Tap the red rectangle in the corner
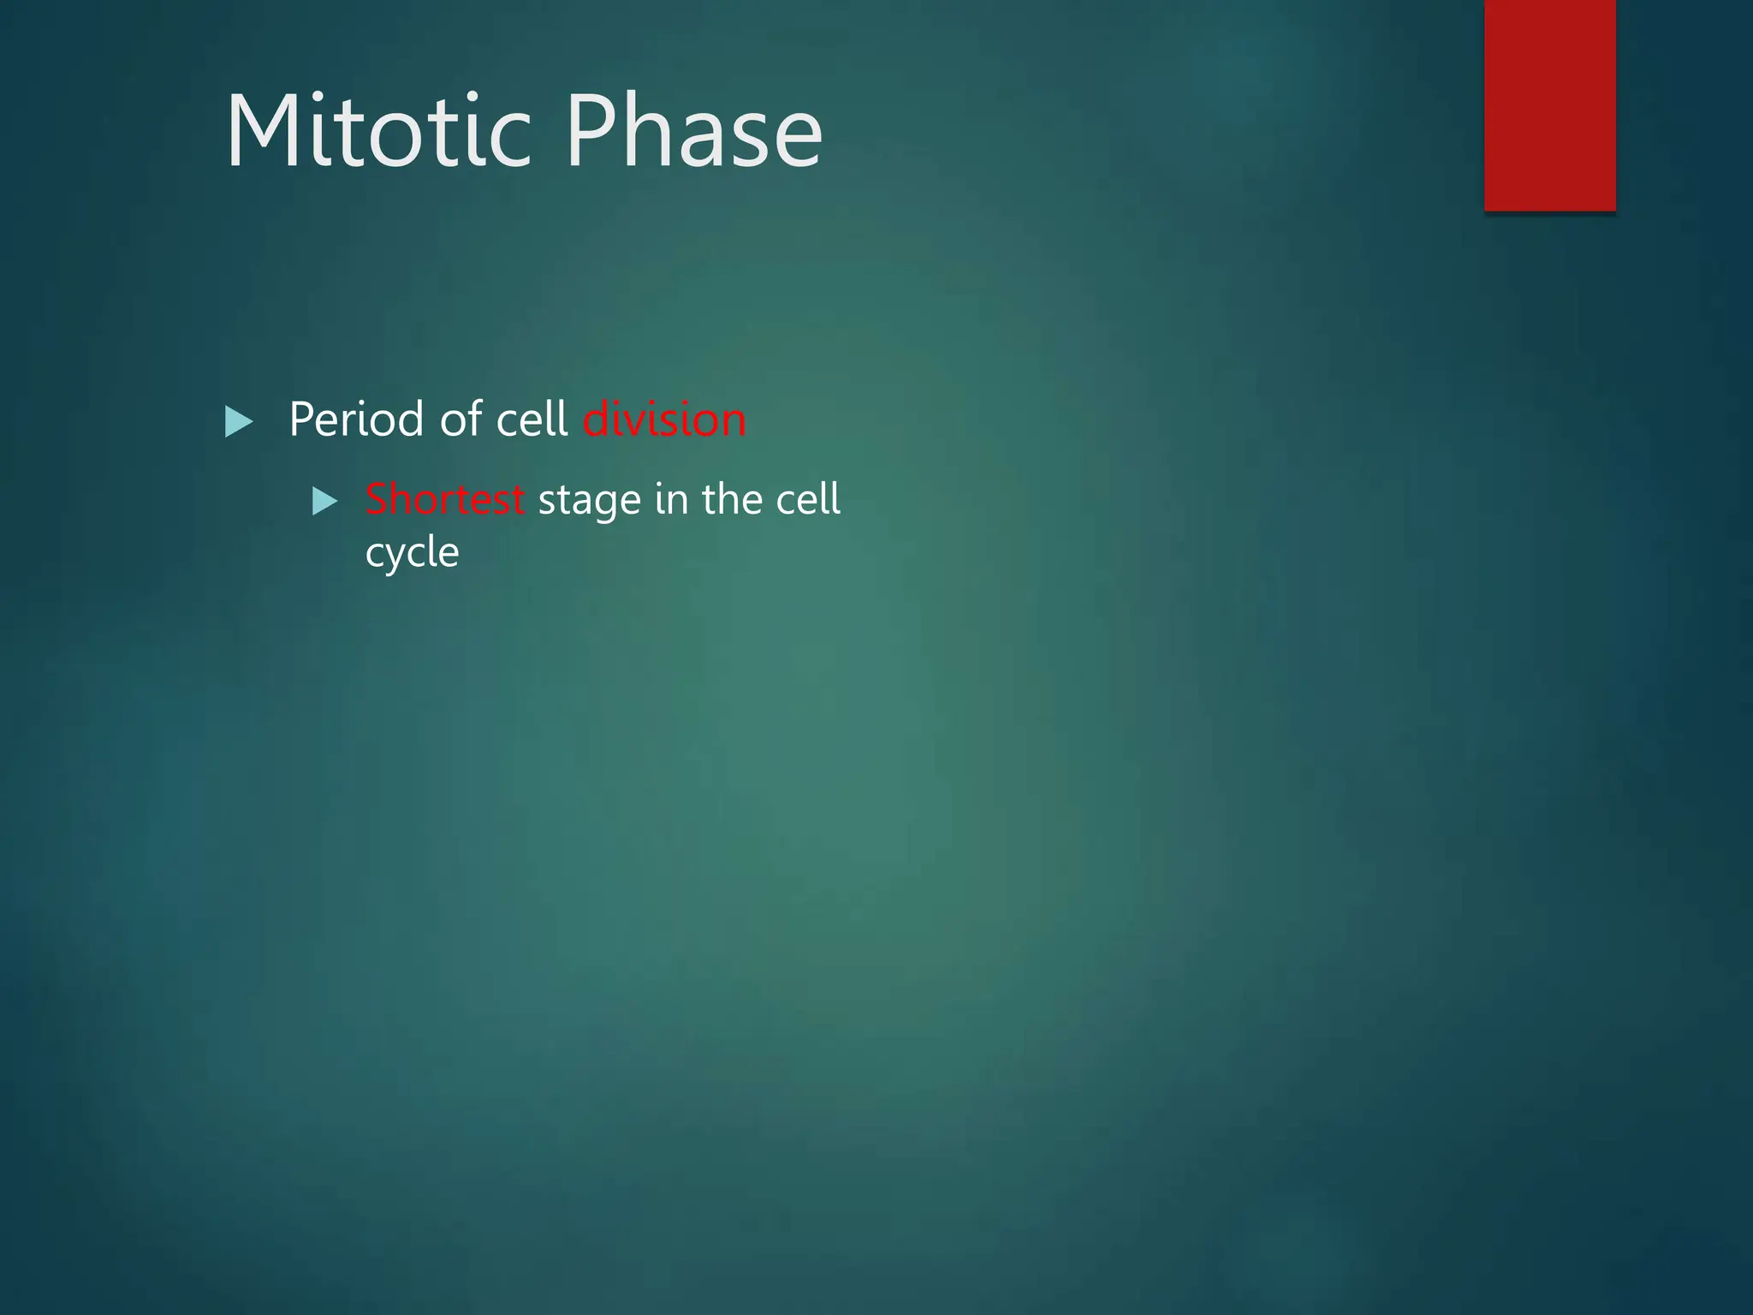coord(1549,104)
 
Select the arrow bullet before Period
coord(238,421)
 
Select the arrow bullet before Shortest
coord(324,501)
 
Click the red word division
coord(664,419)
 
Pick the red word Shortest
coord(444,499)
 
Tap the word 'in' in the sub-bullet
coord(670,499)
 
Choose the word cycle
coord(412,553)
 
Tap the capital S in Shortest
coord(377,499)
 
